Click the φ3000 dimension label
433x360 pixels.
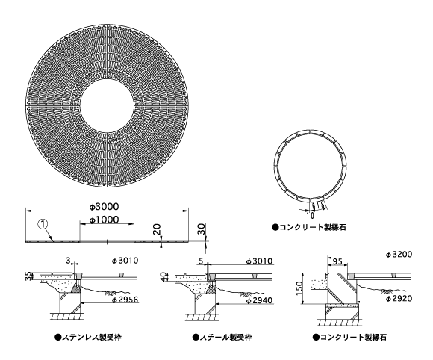(104, 206)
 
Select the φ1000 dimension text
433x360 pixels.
(104, 220)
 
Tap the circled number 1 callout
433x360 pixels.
(43, 224)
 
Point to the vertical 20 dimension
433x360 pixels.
(157, 229)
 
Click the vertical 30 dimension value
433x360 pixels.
(202, 229)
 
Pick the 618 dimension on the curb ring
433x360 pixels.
(318, 206)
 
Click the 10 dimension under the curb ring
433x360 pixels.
(310, 215)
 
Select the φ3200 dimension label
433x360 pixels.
(399, 254)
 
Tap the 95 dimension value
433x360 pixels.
(337, 261)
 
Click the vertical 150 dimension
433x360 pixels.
(299, 288)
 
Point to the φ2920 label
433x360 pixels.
(399, 298)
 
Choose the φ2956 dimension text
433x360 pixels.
(125, 300)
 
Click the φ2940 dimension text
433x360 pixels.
(259, 300)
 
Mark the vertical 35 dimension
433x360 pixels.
(28, 276)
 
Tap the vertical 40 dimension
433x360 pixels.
(163, 276)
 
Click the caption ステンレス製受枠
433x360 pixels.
(88, 338)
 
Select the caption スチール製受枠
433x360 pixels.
(222, 338)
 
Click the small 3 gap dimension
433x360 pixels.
(68, 260)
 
